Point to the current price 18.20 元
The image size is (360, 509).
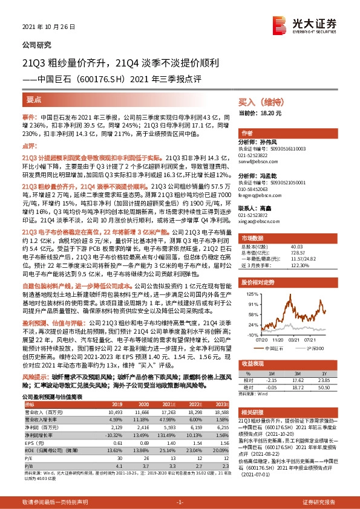(269, 113)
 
